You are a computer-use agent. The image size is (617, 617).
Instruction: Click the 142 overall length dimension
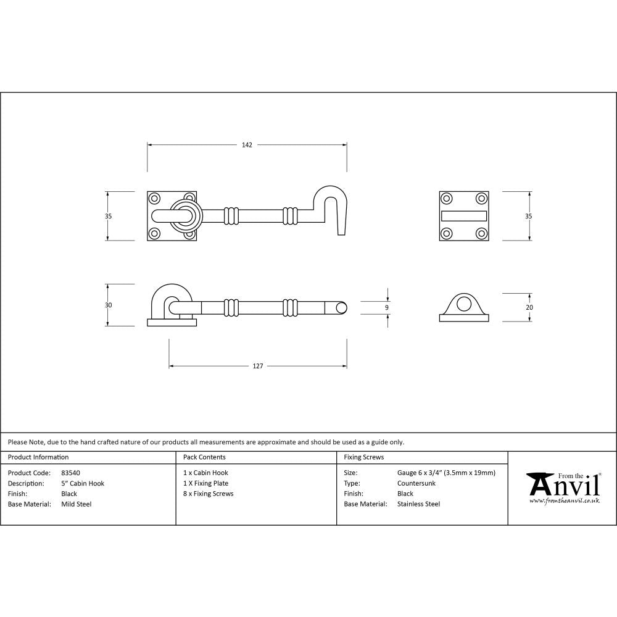point(247,145)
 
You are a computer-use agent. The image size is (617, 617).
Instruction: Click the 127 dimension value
point(258,366)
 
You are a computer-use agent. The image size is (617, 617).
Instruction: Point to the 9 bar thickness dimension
point(387,307)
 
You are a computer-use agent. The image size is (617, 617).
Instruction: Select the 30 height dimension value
point(109,305)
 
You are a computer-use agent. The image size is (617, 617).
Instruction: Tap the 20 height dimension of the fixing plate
point(529,307)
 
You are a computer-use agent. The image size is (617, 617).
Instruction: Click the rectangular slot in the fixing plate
point(463,215)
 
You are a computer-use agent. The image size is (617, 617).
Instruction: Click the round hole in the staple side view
point(463,303)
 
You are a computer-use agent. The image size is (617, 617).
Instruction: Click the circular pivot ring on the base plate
point(186,215)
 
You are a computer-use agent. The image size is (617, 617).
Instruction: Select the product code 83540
point(71,473)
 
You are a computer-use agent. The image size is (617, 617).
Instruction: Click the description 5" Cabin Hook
point(83,483)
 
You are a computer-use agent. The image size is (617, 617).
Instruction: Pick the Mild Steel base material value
point(77,504)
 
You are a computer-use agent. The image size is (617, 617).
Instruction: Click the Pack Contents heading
point(204,457)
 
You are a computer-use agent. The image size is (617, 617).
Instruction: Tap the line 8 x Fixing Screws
point(209,494)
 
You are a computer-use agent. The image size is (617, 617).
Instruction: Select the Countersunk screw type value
point(416,483)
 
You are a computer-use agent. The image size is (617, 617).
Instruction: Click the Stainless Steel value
point(418,504)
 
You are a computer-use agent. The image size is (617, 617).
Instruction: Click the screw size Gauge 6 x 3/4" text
point(446,473)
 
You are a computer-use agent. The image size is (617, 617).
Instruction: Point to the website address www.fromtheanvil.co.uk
point(564,500)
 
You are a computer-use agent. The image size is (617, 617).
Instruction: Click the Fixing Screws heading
point(363,457)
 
